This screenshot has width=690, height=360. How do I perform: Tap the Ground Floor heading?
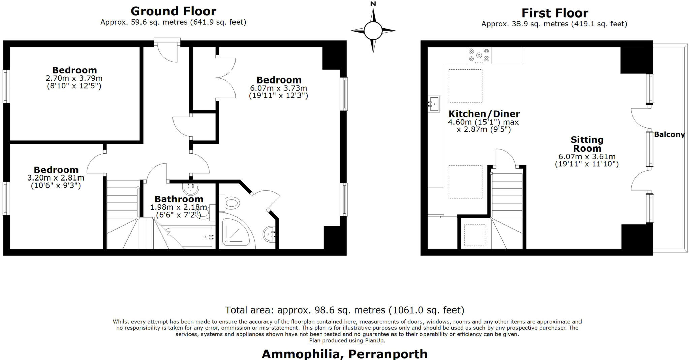click(x=173, y=11)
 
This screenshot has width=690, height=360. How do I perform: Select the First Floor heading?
click(x=555, y=13)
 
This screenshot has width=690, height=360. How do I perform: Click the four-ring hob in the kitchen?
click(x=479, y=56)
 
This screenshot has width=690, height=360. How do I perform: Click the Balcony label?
click(x=669, y=135)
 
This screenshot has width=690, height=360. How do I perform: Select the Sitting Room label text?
click(x=587, y=144)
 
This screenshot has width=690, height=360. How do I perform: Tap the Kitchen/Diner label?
click(x=484, y=114)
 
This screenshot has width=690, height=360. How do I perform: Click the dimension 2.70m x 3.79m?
click(x=74, y=78)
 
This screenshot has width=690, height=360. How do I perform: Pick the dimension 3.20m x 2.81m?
click(x=56, y=178)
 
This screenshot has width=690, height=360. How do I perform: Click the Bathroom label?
click(x=179, y=199)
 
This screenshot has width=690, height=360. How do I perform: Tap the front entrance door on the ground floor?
click(x=167, y=51)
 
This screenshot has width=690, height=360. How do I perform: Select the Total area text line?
click(x=344, y=310)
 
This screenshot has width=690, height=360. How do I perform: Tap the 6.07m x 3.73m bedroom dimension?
click(x=278, y=88)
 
